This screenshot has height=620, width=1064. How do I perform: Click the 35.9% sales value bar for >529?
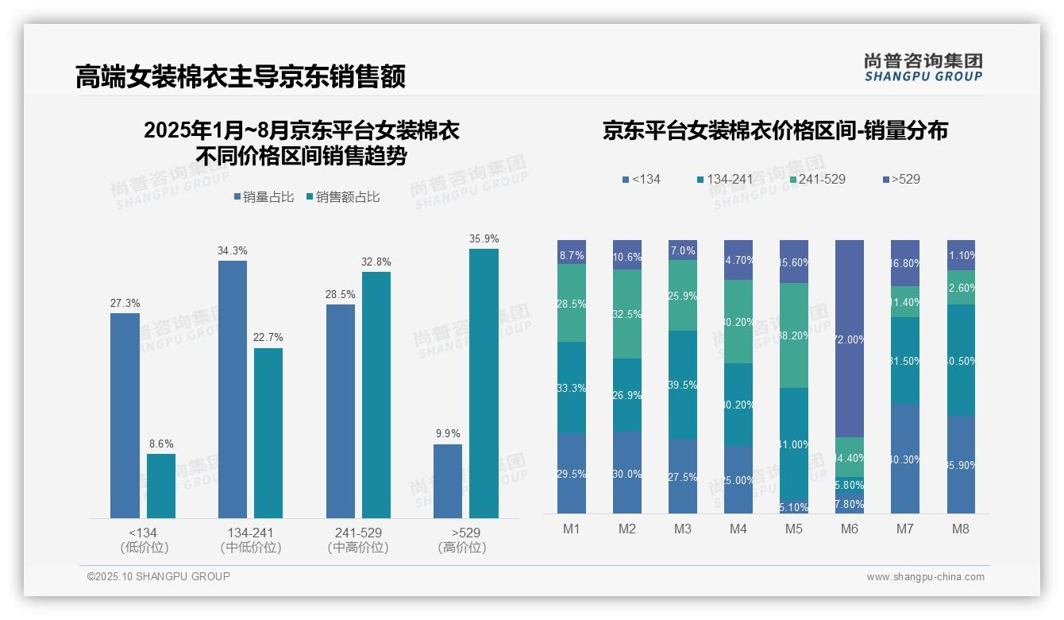[x=484, y=383]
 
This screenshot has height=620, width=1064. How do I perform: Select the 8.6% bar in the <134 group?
[x=161, y=486]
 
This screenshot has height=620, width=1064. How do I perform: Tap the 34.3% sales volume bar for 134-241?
[x=232, y=389]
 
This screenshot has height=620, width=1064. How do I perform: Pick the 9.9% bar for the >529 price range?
[x=448, y=481]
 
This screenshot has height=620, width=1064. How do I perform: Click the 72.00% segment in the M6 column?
[x=850, y=339]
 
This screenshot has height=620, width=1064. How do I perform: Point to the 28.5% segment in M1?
[x=572, y=303]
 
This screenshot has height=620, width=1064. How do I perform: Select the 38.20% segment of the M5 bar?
[x=794, y=335]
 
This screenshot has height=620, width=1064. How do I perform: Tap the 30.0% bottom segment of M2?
[x=627, y=473]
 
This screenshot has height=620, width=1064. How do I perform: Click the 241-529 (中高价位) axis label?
[x=358, y=540]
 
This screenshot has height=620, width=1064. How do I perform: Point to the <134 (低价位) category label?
[x=143, y=540]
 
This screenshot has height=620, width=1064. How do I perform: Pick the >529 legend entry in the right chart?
[x=900, y=179]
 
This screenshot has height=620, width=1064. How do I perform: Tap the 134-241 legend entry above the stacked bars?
[x=724, y=179]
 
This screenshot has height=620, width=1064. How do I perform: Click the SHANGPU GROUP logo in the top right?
[x=923, y=67]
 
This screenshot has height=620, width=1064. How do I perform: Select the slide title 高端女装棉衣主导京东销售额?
[x=241, y=76]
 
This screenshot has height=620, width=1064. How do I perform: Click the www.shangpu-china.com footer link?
[x=925, y=577]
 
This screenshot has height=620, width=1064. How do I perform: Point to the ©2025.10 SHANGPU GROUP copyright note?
[x=159, y=576]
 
